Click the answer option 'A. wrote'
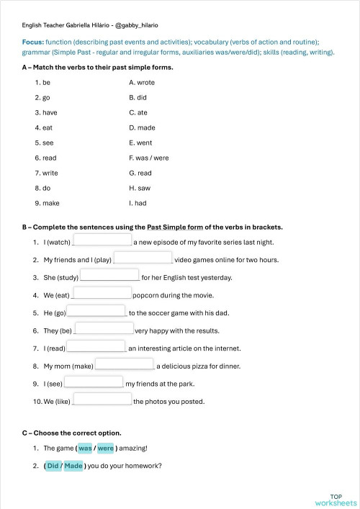[142, 83]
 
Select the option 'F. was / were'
[148, 158]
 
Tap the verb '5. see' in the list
[44, 143]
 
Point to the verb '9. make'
[47, 203]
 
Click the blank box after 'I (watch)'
[102, 240]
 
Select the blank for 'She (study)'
[109, 276]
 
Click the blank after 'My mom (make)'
[125, 364]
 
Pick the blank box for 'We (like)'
[102, 400]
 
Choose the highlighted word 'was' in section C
[86, 448]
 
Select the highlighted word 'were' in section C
[106, 448]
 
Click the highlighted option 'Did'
[53, 465]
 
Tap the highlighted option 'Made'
[74, 465]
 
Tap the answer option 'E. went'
[140, 143]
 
